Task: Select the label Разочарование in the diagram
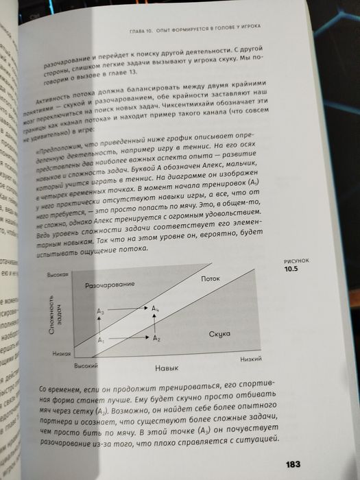[108, 284]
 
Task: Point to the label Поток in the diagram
[211, 278]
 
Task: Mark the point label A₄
[156, 309]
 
